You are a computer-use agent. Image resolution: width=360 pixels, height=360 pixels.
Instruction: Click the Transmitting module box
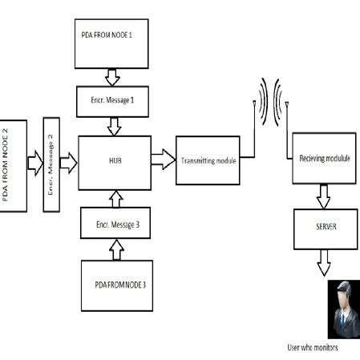pos(208,160)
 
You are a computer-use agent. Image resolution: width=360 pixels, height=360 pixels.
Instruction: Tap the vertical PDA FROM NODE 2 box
pos(14,165)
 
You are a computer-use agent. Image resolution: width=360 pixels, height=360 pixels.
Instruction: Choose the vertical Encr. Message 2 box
pos(51,164)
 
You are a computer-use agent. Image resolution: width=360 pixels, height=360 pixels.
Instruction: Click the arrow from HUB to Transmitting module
pos(162,159)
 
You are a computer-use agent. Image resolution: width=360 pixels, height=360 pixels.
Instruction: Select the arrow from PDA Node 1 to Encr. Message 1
pos(111,77)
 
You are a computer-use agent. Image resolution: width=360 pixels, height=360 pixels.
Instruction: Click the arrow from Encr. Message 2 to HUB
pos(68,164)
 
